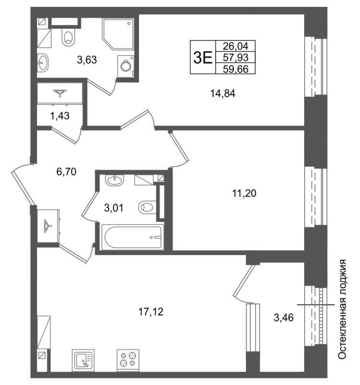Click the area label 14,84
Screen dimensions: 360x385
(223, 93)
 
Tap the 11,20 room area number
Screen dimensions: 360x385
(244, 193)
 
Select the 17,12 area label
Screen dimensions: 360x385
(151, 312)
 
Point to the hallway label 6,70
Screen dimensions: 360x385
(66, 172)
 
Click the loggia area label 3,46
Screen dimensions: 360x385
(284, 318)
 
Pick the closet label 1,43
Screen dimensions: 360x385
(60, 115)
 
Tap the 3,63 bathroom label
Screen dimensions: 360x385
(87, 60)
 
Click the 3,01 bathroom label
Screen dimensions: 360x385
(113, 208)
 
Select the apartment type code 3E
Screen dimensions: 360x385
(203, 58)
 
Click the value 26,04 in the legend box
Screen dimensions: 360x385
(236, 46)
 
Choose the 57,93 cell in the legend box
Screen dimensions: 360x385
(236, 57)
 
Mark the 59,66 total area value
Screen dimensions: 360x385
(236, 69)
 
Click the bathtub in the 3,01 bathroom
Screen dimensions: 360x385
(133, 237)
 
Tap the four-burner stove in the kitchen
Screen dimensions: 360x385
(128, 360)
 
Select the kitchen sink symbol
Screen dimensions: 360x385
(83, 360)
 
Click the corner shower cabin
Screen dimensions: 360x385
(118, 34)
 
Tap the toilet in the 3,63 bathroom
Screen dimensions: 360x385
(68, 37)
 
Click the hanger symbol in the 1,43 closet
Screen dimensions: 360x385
(60, 93)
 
